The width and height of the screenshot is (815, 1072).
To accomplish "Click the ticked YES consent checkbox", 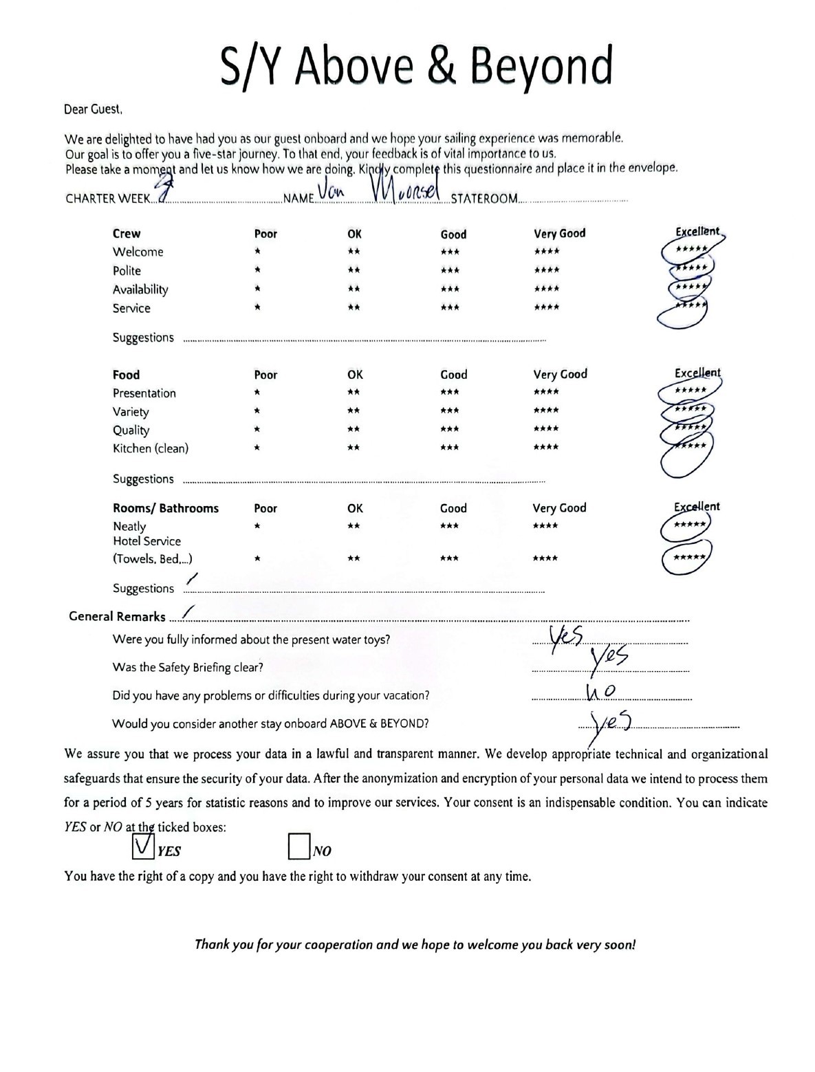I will pos(142,846).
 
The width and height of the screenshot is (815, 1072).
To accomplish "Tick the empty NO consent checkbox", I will pos(298,846).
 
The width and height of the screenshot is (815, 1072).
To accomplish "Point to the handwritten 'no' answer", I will pos(600,690).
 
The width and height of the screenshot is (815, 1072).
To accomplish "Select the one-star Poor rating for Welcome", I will pos(257,252).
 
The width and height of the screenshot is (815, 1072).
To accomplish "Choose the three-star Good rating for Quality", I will pos(449,429).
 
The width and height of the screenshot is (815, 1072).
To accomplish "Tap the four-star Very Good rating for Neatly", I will pos(546,526).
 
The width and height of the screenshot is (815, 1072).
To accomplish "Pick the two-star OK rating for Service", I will pos(354,308).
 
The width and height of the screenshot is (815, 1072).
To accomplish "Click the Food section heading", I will pos(126,375).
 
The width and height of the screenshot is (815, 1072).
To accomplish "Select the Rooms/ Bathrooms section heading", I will pos(165,508).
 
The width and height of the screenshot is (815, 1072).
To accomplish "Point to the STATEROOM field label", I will pos(483,199).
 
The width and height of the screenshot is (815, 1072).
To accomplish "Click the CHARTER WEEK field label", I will pos(107,199).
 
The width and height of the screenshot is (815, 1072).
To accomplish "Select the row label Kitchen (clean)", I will pos(150,448).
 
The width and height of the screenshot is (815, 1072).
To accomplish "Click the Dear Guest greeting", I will pos(93,109).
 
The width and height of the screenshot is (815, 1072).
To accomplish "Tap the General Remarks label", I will pos(117,616).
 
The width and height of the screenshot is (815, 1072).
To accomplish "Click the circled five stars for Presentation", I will pos(690,391).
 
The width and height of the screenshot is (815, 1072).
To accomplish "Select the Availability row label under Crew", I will pos(140,289).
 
